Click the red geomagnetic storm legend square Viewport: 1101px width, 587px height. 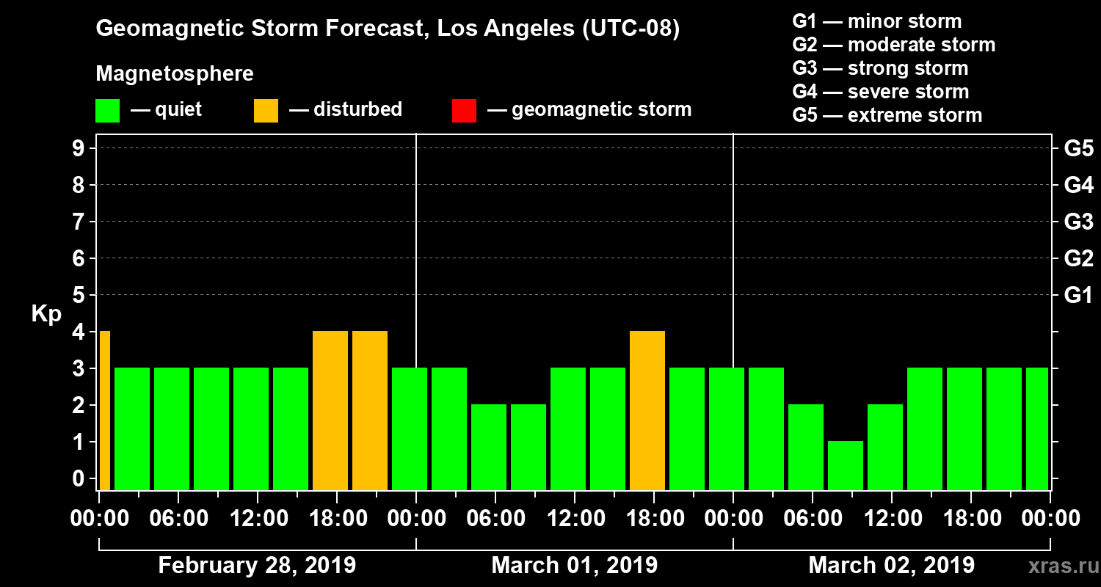pyautogui.click(x=464, y=110)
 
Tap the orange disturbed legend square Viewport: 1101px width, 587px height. pyautogui.click(x=266, y=110)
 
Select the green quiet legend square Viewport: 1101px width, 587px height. pyautogui.click(x=107, y=110)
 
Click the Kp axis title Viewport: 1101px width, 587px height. pyautogui.click(x=46, y=313)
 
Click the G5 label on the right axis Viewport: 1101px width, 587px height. pyautogui.click(x=1078, y=148)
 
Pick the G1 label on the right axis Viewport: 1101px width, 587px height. pyautogui.click(x=1078, y=295)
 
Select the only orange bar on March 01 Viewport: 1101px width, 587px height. pyautogui.click(x=647, y=410)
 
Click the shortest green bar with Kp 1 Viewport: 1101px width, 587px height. pyautogui.click(x=846, y=465)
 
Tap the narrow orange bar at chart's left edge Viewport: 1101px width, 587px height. pyautogui.click(x=105, y=410)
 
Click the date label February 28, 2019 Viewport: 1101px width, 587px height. pyautogui.click(x=257, y=566)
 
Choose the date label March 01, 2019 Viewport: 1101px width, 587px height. pyautogui.click(x=574, y=566)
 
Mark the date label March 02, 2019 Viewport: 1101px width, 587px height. pyautogui.click(x=891, y=566)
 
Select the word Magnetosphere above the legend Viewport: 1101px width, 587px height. pyautogui.click(x=175, y=74)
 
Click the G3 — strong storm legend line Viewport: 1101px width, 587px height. pyautogui.click(x=880, y=68)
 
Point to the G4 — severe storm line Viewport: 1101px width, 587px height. pyautogui.click(x=880, y=92)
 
